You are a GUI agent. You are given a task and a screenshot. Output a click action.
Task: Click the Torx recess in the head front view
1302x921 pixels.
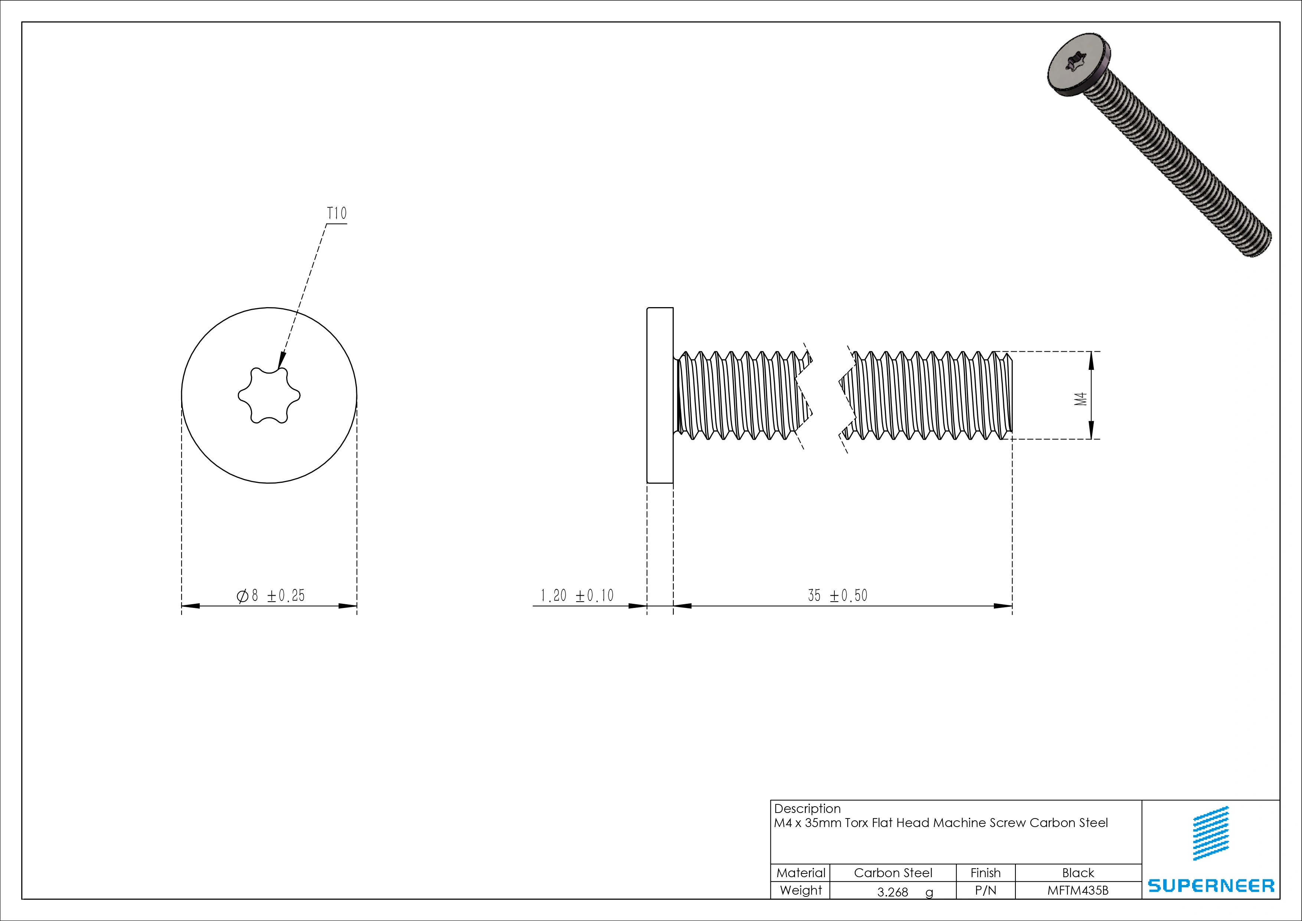click(x=269, y=395)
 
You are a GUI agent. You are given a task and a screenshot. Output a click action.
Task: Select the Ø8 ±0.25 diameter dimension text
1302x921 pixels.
click(x=271, y=595)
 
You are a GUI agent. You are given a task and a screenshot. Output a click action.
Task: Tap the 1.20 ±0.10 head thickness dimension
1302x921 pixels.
click(x=577, y=595)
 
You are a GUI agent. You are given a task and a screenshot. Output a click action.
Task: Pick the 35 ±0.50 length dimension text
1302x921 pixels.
click(x=838, y=595)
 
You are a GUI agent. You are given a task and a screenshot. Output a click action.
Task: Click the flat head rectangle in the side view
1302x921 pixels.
click(x=660, y=395)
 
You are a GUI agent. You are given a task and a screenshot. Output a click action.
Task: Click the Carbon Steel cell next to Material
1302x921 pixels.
click(x=893, y=873)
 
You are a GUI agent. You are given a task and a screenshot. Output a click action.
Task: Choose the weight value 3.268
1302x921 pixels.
click(x=893, y=892)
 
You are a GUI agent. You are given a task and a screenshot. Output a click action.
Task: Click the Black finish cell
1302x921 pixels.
click(x=1078, y=873)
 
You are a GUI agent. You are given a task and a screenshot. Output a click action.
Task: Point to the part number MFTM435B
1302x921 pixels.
click(x=1077, y=890)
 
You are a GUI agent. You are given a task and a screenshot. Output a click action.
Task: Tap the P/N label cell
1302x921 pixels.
click(x=985, y=890)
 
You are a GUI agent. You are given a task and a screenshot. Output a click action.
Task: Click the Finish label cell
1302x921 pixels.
click(x=985, y=873)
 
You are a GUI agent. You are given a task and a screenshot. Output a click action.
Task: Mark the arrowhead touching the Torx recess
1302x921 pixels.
click(x=281, y=361)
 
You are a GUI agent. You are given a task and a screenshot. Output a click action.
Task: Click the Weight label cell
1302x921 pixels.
click(x=800, y=890)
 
